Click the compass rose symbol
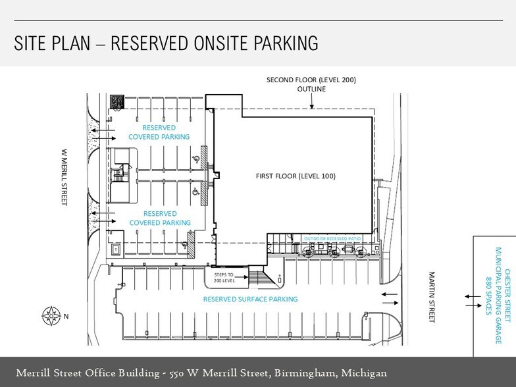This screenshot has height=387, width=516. pyautogui.click(x=51, y=316)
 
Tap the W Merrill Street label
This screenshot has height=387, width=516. pyautogui.click(x=64, y=178)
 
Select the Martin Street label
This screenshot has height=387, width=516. pyautogui.click(x=432, y=297)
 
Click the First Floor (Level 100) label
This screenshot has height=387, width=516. pyautogui.click(x=296, y=176)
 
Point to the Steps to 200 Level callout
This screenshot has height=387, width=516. pyautogui.click(x=224, y=278)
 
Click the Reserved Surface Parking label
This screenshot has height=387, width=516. pyautogui.click(x=250, y=299)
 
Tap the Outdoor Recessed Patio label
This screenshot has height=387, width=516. pyautogui.click(x=332, y=238)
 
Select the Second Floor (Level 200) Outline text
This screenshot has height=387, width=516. pyautogui.click(x=311, y=84)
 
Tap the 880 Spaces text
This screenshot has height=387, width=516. pyautogui.click(x=488, y=296)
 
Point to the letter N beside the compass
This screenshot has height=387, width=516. pyautogui.click(x=66, y=317)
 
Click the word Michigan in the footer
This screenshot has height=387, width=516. pyautogui.click(x=364, y=373)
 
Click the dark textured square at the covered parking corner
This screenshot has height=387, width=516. pyautogui.click(x=117, y=101)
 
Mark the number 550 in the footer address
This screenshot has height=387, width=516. pyautogui.click(x=176, y=374)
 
